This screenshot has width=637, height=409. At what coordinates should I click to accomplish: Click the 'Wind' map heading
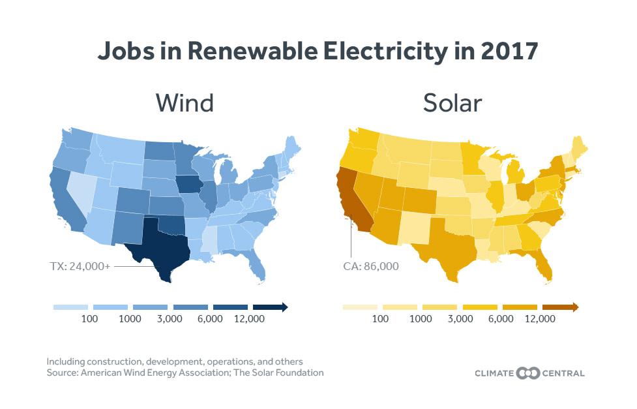185,103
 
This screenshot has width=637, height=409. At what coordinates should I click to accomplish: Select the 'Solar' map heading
454,103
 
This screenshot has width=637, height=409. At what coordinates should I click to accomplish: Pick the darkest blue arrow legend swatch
270,307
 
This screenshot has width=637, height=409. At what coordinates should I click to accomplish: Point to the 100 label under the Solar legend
381,319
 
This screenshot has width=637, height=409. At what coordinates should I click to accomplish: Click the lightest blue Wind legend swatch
70,307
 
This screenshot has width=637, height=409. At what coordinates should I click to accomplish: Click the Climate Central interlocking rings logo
529,373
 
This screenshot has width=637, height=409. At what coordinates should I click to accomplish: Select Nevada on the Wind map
83,189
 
